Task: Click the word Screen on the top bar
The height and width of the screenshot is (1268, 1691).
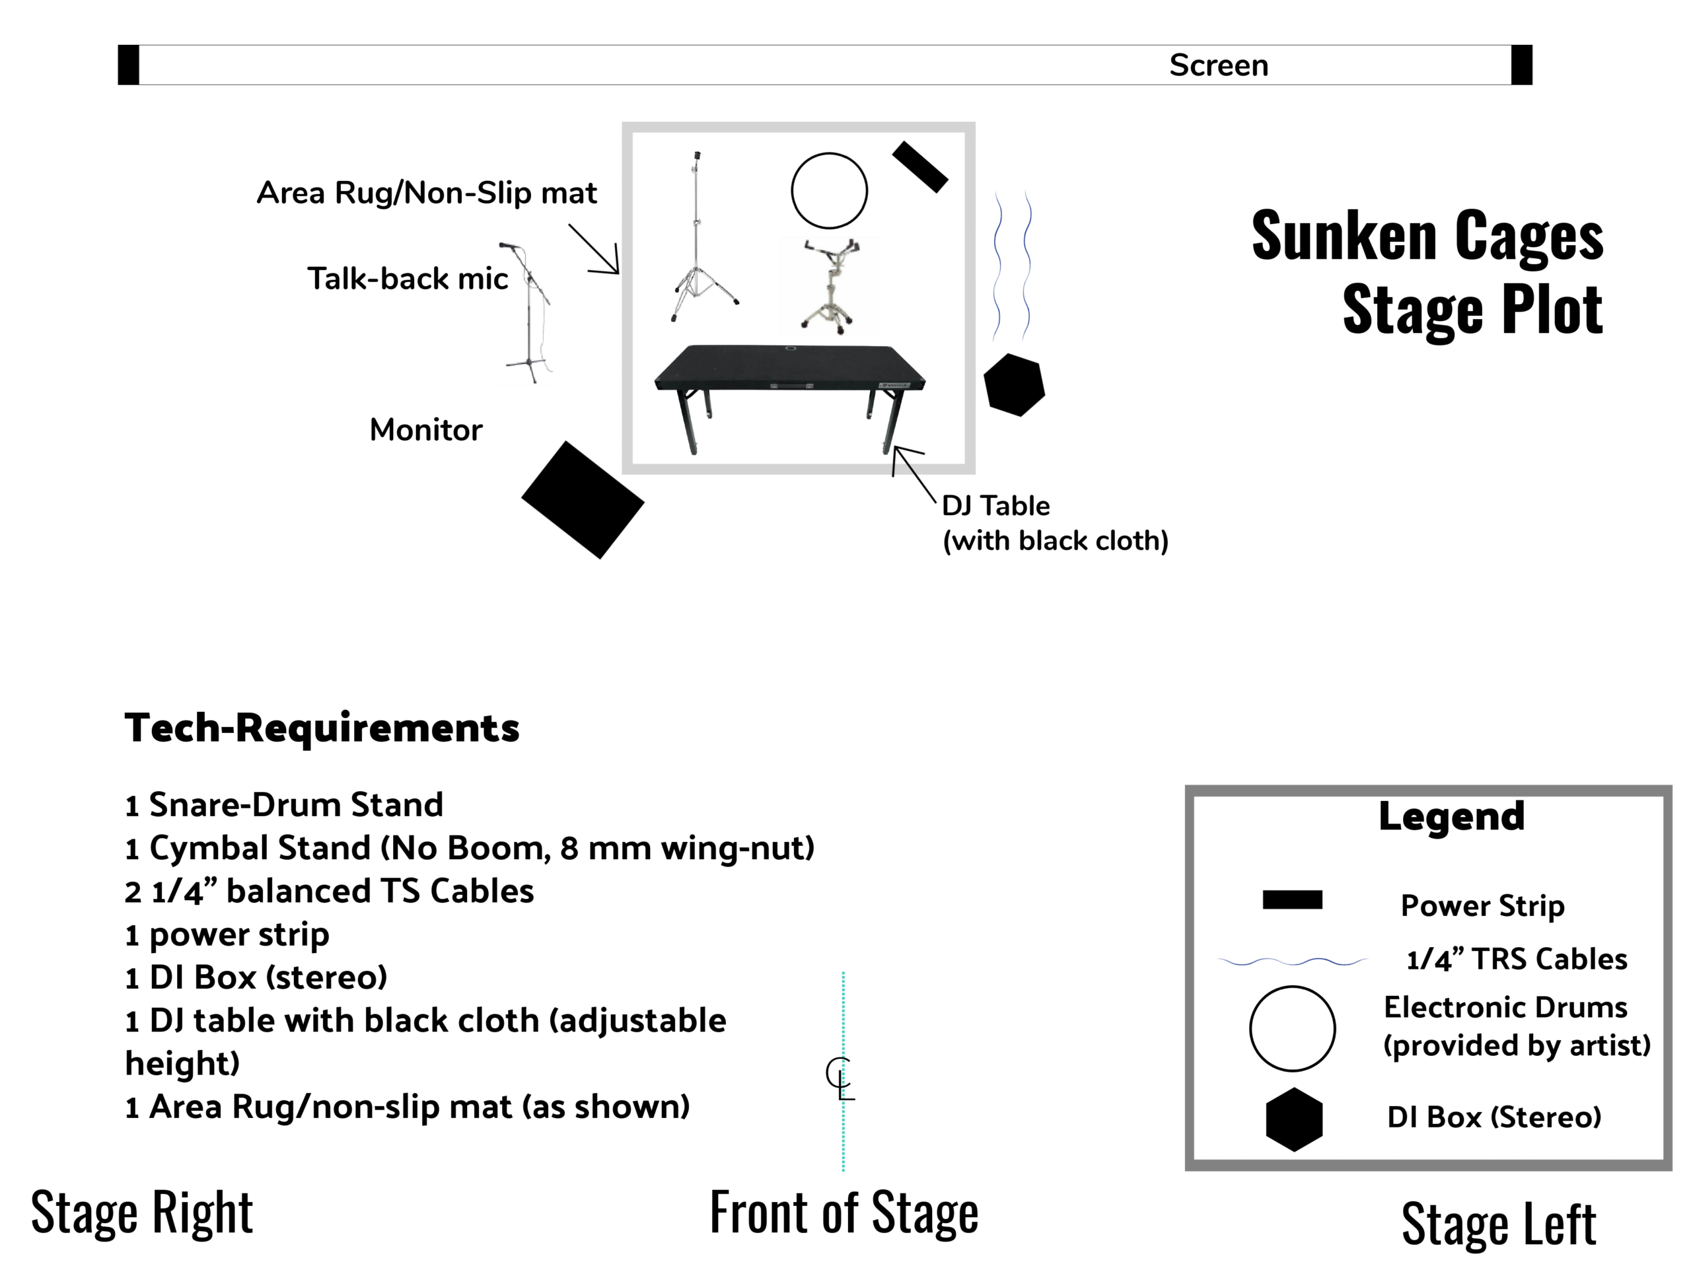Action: [x=1218, y=66]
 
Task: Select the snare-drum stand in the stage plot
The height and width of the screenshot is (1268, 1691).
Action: [x=830, y=287]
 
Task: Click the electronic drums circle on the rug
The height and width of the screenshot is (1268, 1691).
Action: [x=829, y=190]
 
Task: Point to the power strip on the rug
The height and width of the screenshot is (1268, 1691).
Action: [x=919, y=166]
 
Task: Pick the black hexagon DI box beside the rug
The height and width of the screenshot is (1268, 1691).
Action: [x=1014, y=384]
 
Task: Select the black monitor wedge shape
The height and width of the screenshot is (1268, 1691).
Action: [x=583, y=499]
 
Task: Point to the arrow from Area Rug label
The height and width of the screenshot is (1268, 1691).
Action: [x=594, y=249]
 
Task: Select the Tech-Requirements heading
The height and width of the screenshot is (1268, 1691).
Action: [x=322, y=728]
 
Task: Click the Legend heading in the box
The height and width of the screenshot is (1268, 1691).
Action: [x=1451, y=816]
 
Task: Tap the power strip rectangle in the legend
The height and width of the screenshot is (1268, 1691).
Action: [x=1292, y=899]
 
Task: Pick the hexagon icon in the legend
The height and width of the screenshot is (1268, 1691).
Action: [x=1293, y=1119]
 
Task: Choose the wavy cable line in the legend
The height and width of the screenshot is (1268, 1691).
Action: [x=1292, y=961]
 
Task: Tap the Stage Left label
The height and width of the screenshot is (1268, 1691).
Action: [x=1498, y=1224]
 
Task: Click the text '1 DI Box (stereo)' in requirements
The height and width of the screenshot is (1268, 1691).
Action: [x=256, y=977]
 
